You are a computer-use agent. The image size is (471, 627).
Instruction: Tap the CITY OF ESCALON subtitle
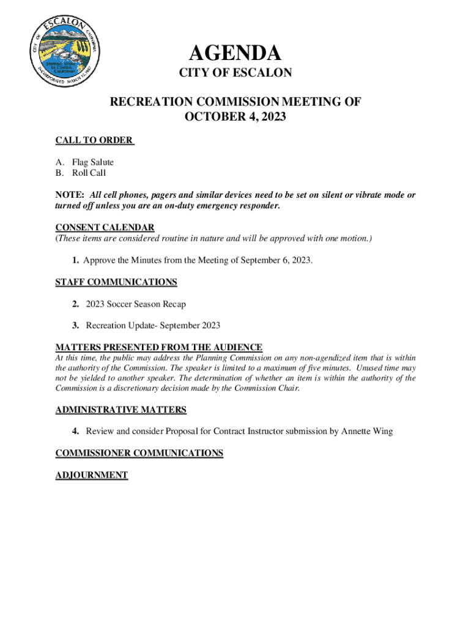(235, 73)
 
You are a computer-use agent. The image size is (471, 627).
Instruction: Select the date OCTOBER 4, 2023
(235, 117)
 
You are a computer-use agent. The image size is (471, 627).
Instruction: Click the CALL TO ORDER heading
(94, 140)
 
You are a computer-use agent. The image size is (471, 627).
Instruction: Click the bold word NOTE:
(69, 195)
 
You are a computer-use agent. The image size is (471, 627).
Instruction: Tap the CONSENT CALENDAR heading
(105, 227)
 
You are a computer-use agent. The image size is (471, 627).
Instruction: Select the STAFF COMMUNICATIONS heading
(116, 282)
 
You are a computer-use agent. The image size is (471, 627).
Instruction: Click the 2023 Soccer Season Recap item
(136, 304)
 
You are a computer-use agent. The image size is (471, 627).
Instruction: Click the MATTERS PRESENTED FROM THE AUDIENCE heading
(159, 347)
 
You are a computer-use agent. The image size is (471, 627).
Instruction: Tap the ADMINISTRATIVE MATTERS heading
(121, 410)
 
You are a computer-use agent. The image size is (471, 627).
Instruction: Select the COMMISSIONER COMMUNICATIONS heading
(139, 453)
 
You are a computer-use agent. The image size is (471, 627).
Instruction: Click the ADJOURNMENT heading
(92, 475)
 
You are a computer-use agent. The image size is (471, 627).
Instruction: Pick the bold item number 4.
(75, 431)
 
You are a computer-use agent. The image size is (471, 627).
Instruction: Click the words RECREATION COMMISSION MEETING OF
(235, 102)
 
